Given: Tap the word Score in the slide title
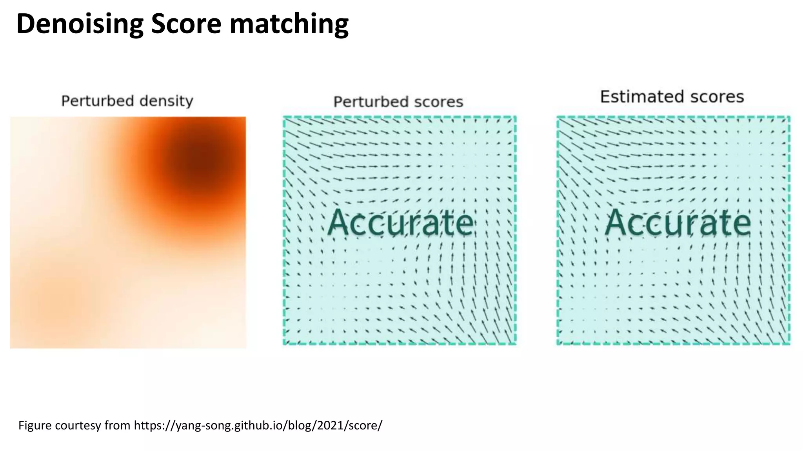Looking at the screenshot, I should click(186, 24).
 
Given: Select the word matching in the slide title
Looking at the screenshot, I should click(289, 24).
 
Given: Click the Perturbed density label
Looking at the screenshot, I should click(127, 101).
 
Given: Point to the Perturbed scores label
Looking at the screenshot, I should click(398, 102).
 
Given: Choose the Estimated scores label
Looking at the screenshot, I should click(672, 97).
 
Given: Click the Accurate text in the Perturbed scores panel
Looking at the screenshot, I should click(400, 222).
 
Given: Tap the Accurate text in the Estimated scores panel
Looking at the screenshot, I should click(678, 222).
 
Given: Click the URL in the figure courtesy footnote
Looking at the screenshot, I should click(258, 425).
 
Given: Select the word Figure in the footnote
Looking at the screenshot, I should click(35, 425).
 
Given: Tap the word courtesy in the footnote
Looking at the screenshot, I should click(78, 425).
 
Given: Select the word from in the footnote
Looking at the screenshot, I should click(117, 425).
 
